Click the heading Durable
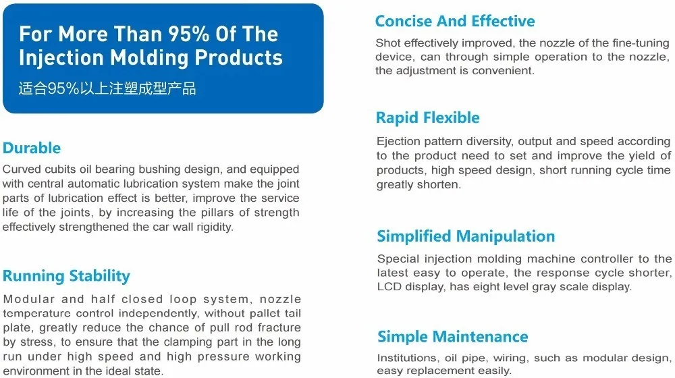coord(32,148)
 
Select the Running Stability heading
coord(66,276)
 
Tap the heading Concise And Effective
coord(455,21)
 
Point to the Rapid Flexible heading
coord(428,118)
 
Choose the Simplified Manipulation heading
coord(466,236)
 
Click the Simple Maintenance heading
coord(452,337)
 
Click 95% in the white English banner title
coord(188,34)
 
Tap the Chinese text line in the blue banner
coord(107,88)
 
